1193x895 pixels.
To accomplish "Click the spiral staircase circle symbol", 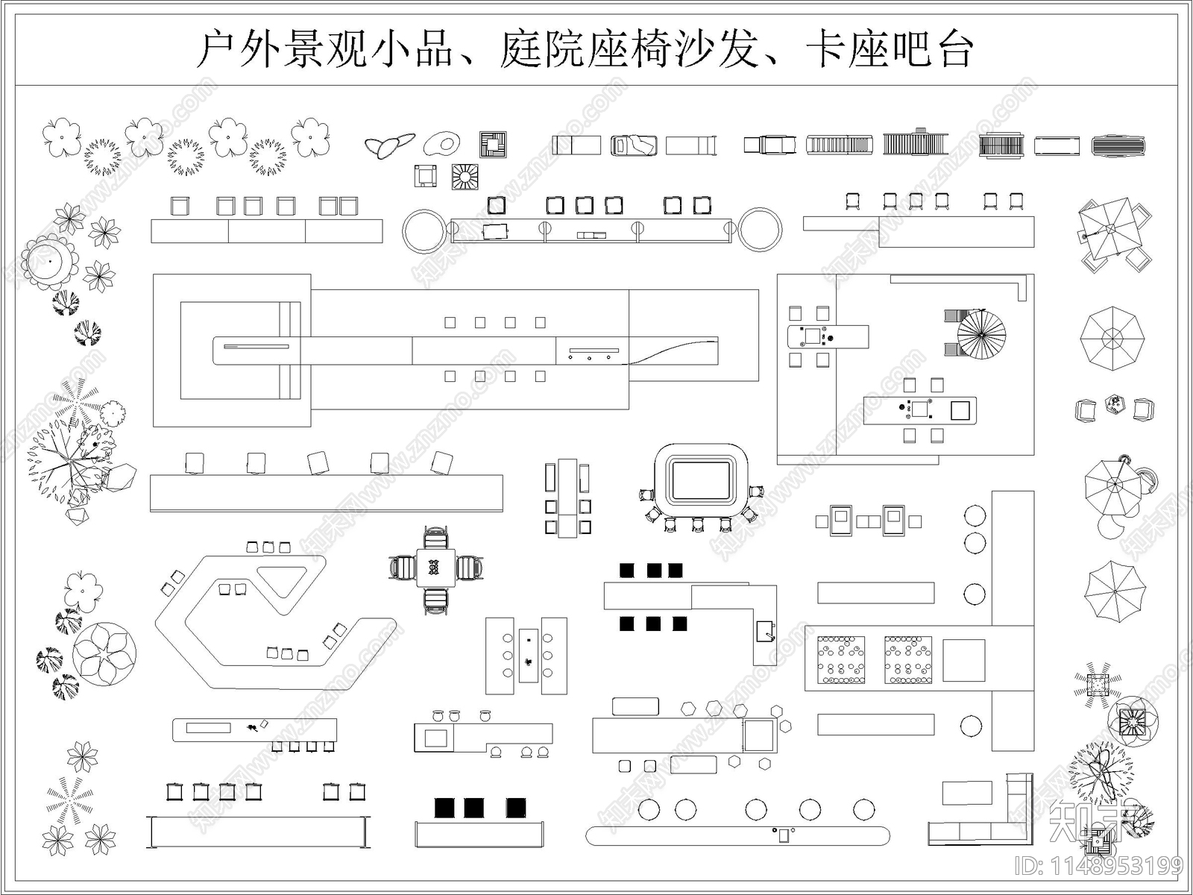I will [981, 335].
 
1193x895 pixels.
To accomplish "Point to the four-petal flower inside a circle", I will [105, 654].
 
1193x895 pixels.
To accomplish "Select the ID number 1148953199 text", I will [1100, 866].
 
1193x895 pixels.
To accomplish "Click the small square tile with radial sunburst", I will [465, 177].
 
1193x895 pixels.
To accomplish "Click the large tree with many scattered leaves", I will [71, 459].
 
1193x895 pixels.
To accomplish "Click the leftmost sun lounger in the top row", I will [576, 145].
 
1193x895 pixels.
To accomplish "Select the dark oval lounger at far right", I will [1118, 145].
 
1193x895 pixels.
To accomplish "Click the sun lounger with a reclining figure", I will [634, 145].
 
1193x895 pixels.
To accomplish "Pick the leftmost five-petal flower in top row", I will [61, 137].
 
